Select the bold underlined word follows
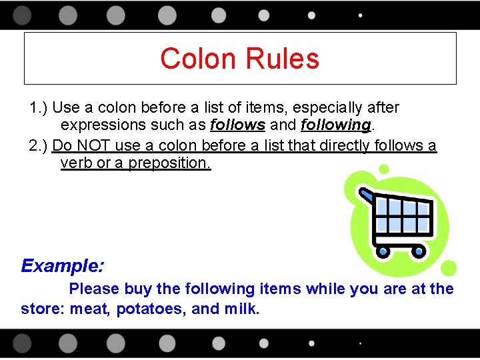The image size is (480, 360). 237,125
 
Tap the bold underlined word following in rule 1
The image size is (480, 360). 335,125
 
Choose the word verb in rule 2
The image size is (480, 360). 76,163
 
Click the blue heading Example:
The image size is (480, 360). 63,266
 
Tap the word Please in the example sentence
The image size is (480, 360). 94,289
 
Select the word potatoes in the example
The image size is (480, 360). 150,309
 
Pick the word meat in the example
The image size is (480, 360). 90,309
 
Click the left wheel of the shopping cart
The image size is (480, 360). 383,251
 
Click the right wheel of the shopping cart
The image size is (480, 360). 419,251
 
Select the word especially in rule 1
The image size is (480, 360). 320,107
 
